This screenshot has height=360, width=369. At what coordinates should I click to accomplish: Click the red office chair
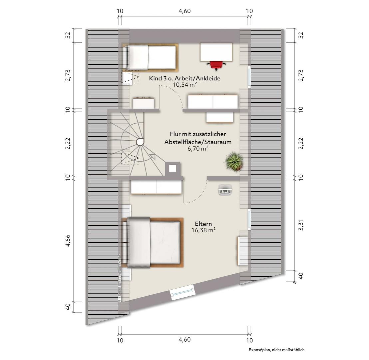click(216, 65)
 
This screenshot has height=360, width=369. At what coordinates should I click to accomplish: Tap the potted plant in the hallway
click(234, 161)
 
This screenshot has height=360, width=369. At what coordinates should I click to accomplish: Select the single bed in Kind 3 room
click(150, 57)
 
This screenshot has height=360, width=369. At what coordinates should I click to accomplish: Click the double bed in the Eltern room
click(153, 243)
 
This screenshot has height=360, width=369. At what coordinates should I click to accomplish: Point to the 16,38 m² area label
click(203, 230)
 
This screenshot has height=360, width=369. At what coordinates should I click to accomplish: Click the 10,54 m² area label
click(185, 85)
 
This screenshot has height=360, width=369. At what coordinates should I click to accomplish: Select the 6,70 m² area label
click(198, 149)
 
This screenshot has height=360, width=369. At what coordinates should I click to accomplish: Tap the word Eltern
click(203, 224)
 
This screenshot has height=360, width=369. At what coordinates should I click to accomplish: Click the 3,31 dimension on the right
click(301, 225)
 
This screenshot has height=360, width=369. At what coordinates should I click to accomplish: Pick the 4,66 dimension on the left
click(68, 241)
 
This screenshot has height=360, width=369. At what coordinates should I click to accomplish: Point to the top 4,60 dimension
click(184, 11)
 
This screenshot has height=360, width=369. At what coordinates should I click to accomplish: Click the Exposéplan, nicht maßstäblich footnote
click(276, 350)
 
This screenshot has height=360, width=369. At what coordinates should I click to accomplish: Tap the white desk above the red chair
click(216, 52)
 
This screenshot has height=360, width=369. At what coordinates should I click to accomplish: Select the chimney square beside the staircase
click(173, 168)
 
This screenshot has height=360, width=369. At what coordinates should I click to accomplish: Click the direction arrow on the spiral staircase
click(152, 156)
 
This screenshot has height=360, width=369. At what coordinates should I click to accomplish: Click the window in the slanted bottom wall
click(183, 292)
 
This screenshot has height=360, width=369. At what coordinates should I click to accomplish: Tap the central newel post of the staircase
click(140, 142)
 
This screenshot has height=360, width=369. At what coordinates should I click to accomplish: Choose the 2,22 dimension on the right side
click(301, 143)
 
